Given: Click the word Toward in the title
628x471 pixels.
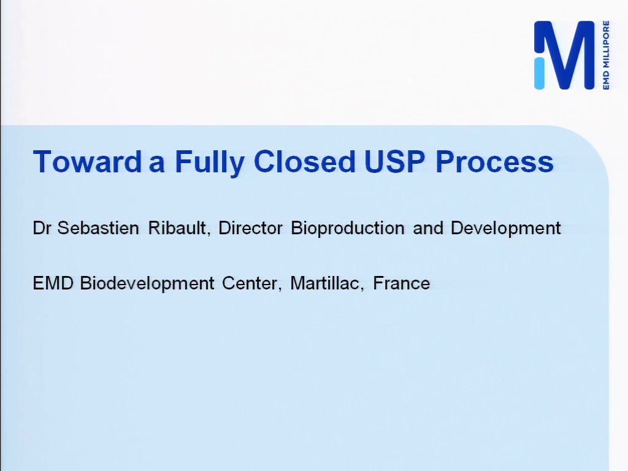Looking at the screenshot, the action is (x=88, y=161).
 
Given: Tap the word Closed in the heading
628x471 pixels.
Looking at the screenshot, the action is (x=304, y=161).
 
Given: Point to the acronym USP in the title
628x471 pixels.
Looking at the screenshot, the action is (x=395, y=161).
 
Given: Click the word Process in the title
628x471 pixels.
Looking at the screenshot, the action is (x=495, y=161).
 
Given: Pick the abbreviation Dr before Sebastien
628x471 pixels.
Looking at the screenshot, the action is (x=42, y=228).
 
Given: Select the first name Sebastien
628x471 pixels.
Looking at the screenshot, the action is (x=98, y=228).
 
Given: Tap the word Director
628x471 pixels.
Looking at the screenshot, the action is (x=250, y=228).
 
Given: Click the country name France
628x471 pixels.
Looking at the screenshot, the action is (x=401, y=283).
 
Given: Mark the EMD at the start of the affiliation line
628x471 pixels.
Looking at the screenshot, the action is (x=53, y=283).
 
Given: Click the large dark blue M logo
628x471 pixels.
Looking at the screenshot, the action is (x=569, y=55).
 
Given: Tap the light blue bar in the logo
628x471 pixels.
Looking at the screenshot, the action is (x=540, y=73).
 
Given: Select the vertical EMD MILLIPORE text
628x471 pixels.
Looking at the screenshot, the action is (x=605, y=55).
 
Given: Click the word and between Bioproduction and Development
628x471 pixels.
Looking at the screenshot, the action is (x=427, y=228).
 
